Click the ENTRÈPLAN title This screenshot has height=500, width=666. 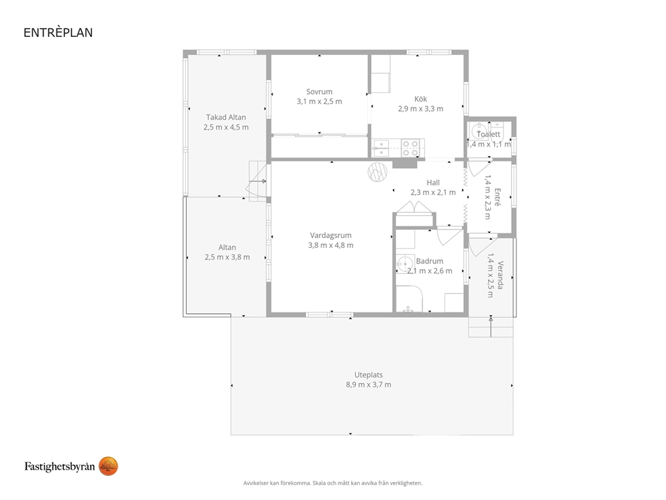point(58,33)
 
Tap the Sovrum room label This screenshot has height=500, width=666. point(320,91)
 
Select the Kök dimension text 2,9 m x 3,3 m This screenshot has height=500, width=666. point(420,109)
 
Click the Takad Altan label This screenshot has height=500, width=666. point(226,118)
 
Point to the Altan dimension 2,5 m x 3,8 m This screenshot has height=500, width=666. point(227,257)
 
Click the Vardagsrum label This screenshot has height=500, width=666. point(331,235)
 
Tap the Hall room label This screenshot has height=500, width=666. point(433,182)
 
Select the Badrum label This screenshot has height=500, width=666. point(430,261)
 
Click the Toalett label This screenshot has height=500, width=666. point(489,134)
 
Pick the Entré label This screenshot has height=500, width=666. point(497,198)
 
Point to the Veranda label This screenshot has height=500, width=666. point(500,275)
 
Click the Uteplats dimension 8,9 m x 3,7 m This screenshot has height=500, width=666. point(369,385)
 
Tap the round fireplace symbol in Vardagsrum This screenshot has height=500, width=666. point(377,172)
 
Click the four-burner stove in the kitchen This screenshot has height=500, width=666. point(410,148)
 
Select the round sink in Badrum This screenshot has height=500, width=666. point(406,263)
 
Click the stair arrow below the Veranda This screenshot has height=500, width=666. point(491,327)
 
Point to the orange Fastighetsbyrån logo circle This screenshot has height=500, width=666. point(108,466)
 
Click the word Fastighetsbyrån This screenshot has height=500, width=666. point(60,466)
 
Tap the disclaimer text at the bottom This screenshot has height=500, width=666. point(333,483)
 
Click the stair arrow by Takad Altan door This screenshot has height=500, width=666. point(258,181)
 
